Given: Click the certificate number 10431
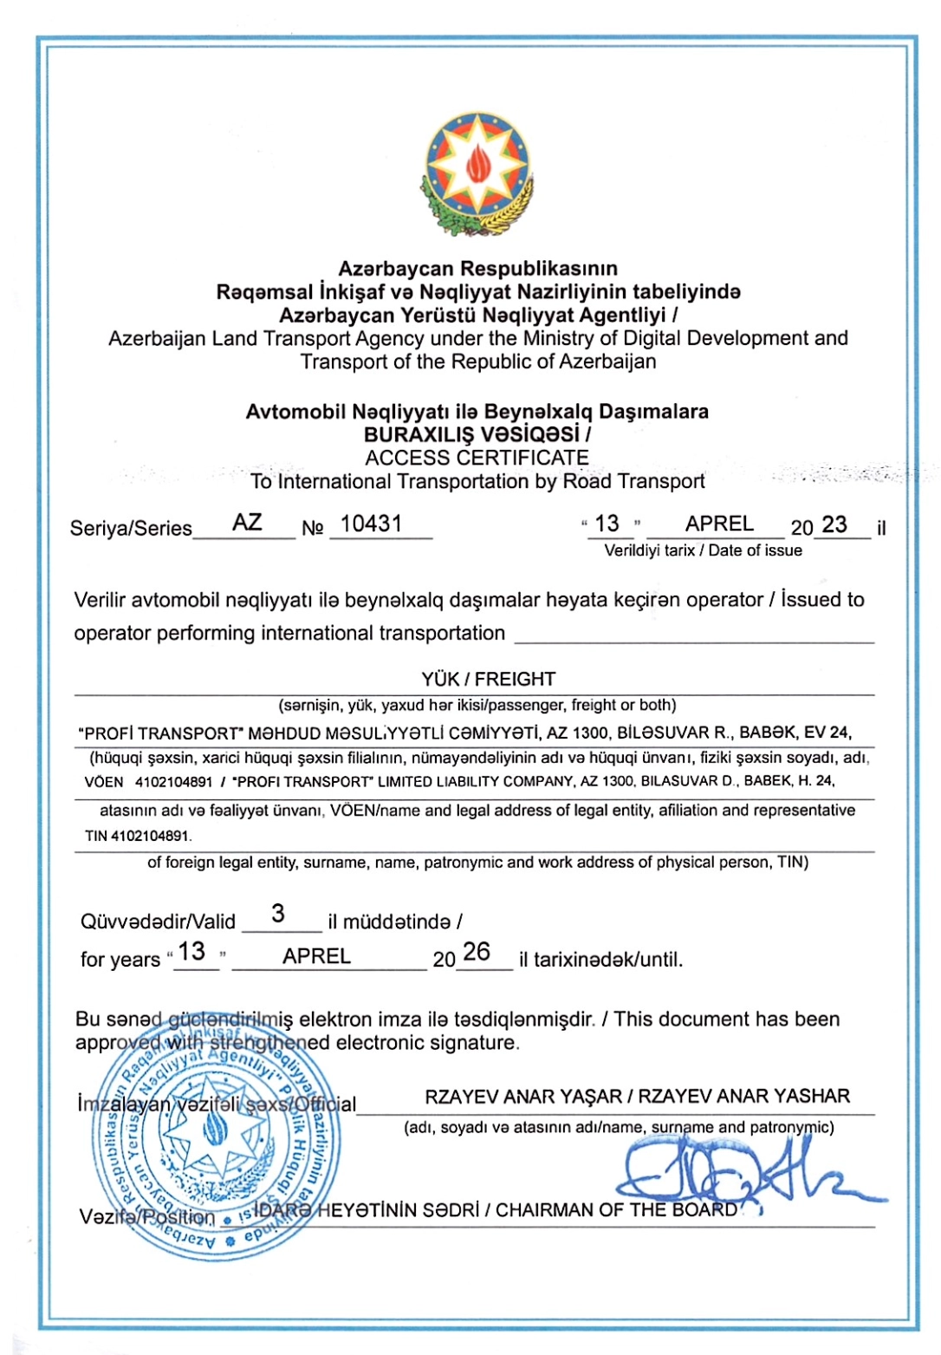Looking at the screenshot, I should (x=371, y=524).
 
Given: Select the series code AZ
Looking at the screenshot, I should (x=247, y=523).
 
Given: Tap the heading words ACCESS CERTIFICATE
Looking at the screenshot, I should (x=477, y=458).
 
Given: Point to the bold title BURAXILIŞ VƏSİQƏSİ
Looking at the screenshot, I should (x=473, y=434).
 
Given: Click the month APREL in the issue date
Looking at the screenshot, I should (x=719, y=524).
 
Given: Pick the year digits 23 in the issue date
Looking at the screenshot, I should (x=834, y=524).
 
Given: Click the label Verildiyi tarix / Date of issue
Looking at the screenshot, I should (x=703, y=550).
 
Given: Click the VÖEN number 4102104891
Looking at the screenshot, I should (x=173, y=781).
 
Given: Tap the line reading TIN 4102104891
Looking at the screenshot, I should (x=138, y=837).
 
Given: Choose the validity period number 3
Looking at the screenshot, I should (x=277, y=914).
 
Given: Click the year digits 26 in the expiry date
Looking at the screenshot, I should (x=477, y=952).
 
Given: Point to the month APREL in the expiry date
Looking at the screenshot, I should (x=316, y=956).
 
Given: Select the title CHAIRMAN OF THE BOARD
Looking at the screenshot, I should (x=616, y=1210).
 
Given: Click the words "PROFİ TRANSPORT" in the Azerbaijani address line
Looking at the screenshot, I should (x=159, y=733).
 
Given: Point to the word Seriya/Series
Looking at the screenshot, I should (x=131, y=528).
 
